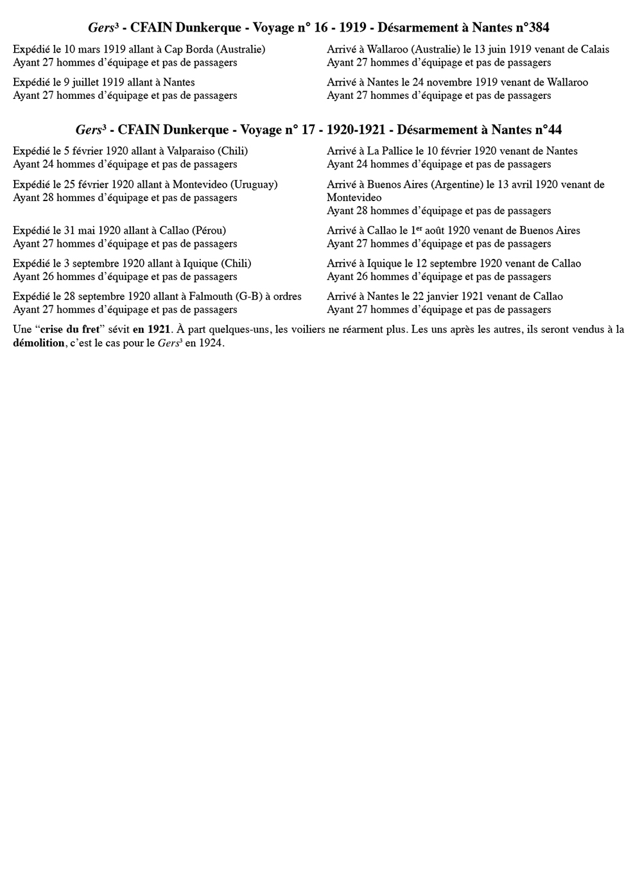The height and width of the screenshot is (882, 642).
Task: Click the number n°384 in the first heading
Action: coord(528,28)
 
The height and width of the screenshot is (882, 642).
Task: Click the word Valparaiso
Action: coord(190,152)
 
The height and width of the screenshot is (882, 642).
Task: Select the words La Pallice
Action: coord(389,152)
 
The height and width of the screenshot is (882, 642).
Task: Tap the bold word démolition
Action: coord(39,343)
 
